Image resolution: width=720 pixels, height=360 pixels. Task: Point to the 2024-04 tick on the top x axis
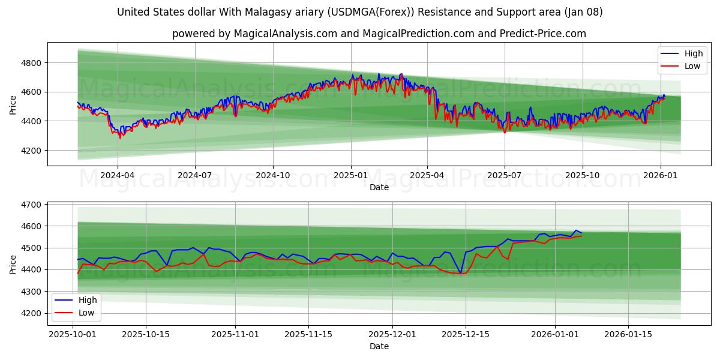[118, 175]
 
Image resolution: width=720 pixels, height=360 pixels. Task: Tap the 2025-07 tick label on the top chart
[504, 175]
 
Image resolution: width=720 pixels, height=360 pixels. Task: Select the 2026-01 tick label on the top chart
[660, 175]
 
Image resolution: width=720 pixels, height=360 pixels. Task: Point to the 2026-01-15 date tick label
[628, 334]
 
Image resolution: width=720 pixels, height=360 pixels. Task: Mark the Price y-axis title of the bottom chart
[13, 264]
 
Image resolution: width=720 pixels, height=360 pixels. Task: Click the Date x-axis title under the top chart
[379, 187]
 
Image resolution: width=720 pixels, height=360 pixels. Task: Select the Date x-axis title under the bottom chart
[379, 346]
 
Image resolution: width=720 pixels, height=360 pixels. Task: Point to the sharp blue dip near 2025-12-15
[460, 273]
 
